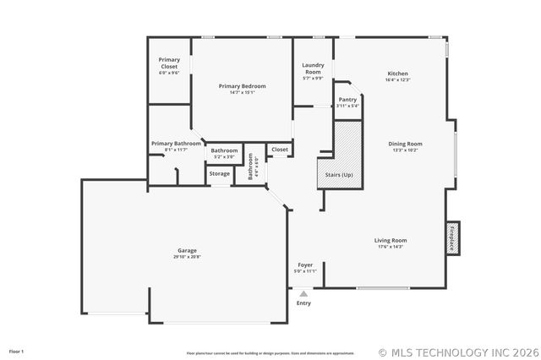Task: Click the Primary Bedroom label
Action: pyautogui.click(x=242, y=86)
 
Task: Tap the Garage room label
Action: pyautogui.click(x=187, y=250)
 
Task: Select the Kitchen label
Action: pyautogui.click(x=397, y=73)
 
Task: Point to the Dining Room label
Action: pyautogui.click(x=405, y=144)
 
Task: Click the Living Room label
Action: pyautogui.click(x=391, y=240)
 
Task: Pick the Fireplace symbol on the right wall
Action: pyautogui.click(x=452, y=238)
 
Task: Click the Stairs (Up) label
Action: pyautogui.click(x=336, y=174)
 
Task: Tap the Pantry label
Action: pyautogui.click(x=347, y=99)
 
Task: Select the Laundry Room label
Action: pyautogui.click(x=313, y=68)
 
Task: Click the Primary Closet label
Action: pyautogui.click(x=169, y=63)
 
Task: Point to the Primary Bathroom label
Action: pyautogui.click(x=176, y=144)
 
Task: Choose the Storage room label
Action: pyautogui.click(x=220, y=173)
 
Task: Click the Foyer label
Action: pyautogui.click(x=305, y=265)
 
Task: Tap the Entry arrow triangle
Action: pyautogui.click(x=303, y=293)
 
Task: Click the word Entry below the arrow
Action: pyautogui.click(x=303, y=303)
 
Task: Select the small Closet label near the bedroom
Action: pyautogui.click(x=279, y=150)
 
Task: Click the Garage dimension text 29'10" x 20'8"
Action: pyautogui.click(x=187, y=256)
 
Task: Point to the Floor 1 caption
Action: pyautogui.click(x=17, y=351)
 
